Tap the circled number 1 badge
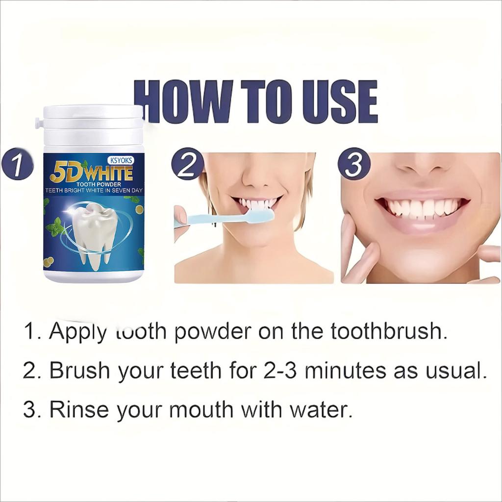coord(17,165)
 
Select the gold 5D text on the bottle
coord(65,174)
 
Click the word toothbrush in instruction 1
coord(389,332)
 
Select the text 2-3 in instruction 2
coord(277,371)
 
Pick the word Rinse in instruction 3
coord(78,409)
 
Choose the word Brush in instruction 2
coord(80,371)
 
